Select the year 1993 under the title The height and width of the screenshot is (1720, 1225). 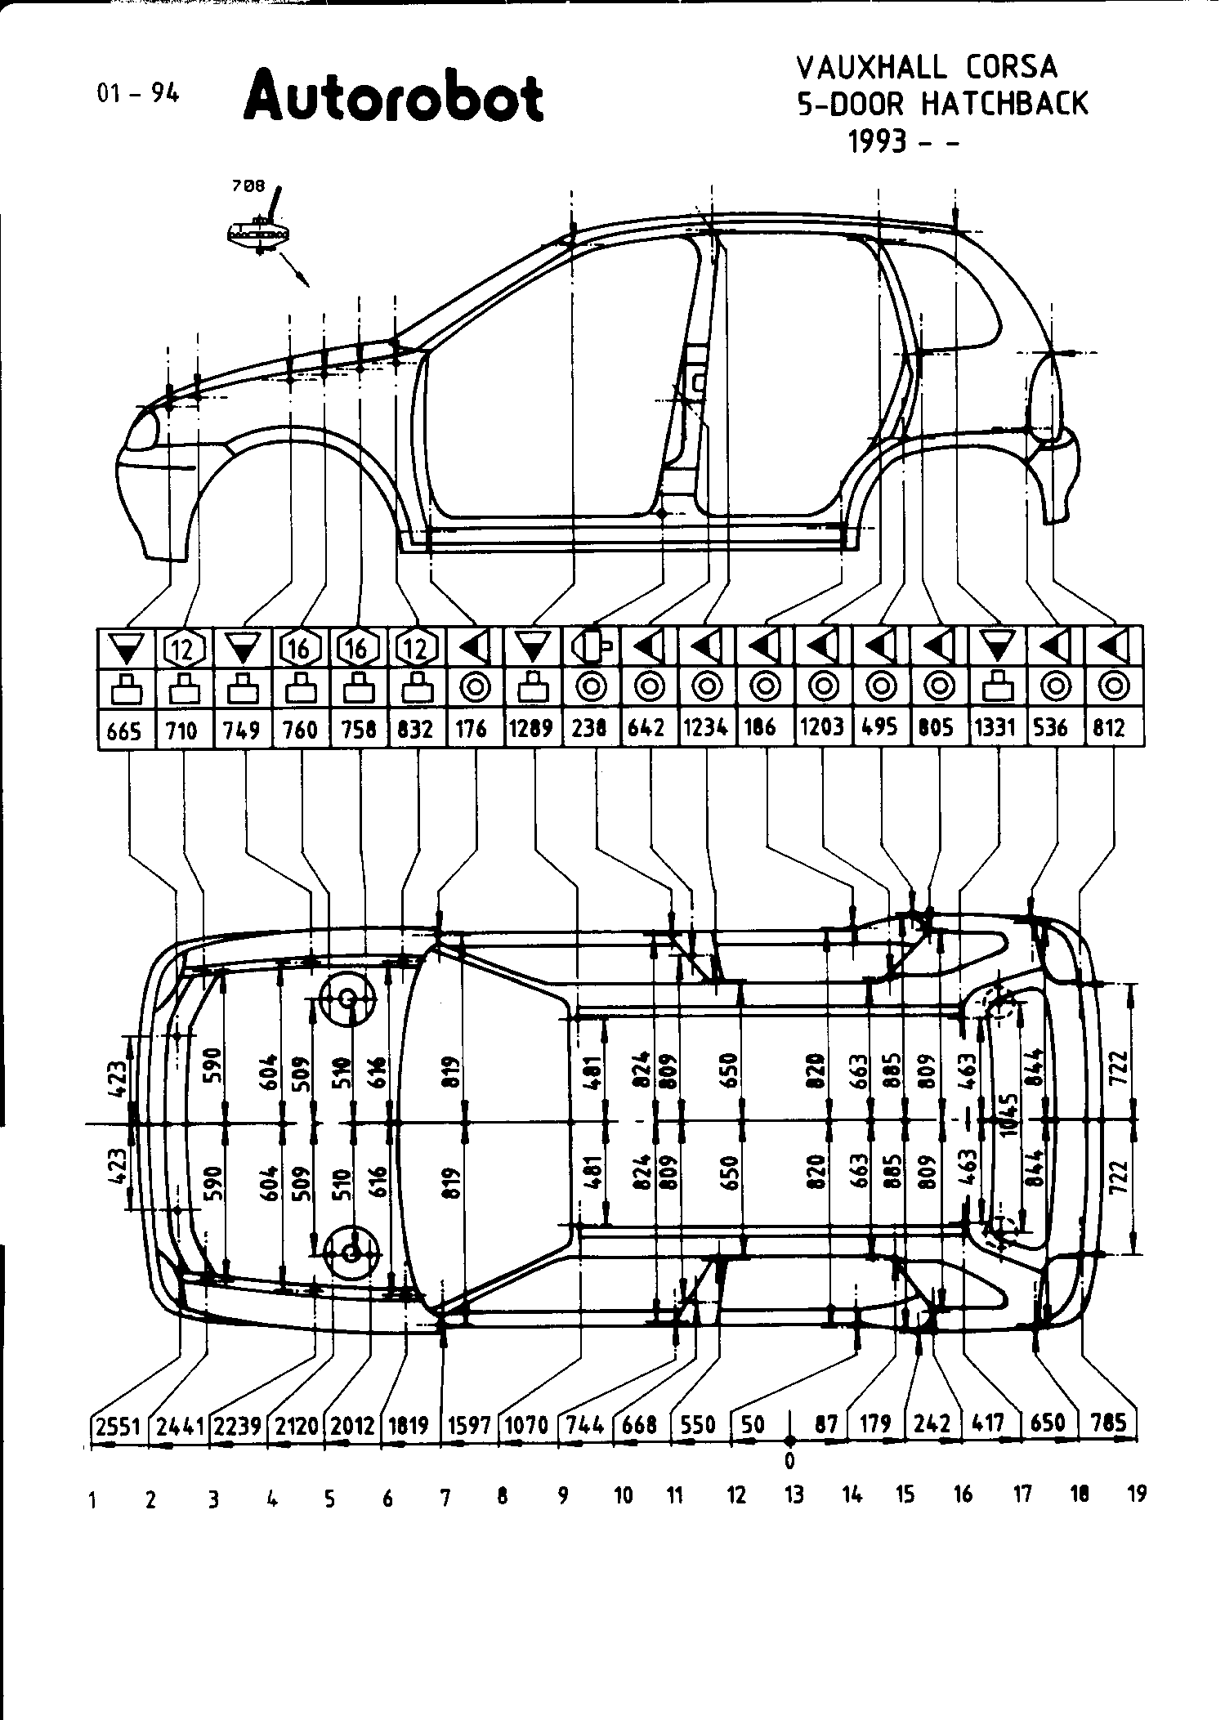click(878, 142)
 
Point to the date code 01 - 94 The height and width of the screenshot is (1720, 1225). click(137, 93)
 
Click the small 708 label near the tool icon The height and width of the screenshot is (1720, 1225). click(248, 186)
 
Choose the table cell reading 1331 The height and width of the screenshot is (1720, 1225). click(995, 727)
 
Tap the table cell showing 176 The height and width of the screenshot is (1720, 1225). click(472, 727)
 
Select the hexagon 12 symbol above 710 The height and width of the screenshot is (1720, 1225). click(183, 649)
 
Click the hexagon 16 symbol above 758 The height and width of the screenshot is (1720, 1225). click(358, 649)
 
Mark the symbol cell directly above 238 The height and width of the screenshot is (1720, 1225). click(591, 649)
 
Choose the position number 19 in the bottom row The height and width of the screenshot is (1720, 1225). click(1137, 1494)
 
